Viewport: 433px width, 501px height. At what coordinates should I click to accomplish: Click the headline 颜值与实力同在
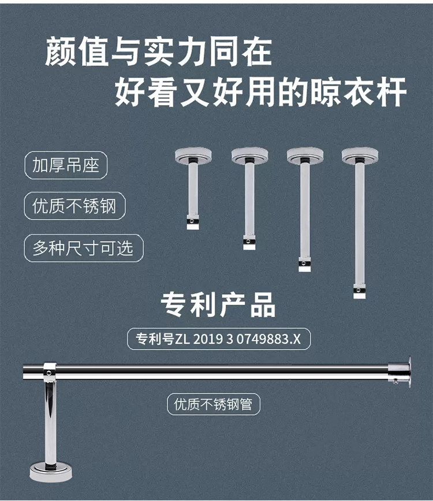tap(158, 53)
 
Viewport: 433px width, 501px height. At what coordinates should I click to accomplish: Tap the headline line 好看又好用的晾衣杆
tap(261, 91)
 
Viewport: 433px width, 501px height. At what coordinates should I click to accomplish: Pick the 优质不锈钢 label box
tap(74, 207)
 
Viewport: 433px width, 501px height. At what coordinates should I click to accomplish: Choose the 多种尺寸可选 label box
tap(83, 248)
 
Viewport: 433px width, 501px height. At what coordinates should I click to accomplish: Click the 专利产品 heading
tap(218, 305)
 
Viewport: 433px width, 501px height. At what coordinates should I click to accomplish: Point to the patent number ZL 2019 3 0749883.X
tap(218, 339)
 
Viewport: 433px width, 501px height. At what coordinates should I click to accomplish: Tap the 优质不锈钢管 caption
tap(214, 404)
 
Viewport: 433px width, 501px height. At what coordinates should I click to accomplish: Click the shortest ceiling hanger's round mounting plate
tap(193, 155)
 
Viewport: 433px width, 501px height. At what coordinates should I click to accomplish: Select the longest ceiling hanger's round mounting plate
tap(359, 155)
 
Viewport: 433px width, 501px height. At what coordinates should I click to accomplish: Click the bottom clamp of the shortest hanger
tap(193, 222)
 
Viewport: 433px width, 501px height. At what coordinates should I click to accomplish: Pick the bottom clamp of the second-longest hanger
tap(304, 264)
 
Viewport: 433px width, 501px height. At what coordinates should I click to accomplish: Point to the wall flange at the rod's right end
tap(401, 372)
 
